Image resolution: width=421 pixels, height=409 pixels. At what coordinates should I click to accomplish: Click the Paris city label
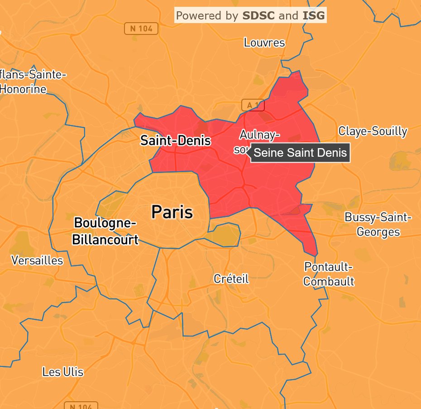172,212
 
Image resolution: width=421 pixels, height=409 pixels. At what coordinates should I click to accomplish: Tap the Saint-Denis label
175,140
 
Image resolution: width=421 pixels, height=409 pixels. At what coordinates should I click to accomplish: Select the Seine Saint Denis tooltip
300,153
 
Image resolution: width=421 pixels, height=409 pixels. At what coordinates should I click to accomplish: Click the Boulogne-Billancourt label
105,231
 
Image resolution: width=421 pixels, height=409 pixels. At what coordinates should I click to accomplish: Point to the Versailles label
37,260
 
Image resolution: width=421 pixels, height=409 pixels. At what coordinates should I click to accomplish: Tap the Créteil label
231,279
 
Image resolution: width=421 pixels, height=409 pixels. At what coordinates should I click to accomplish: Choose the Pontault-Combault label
328,274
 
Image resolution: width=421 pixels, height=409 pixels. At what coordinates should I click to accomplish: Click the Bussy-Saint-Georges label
378,224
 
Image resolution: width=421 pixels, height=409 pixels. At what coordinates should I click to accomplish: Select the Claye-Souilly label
373,131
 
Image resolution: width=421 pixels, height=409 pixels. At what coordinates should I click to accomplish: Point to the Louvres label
264,43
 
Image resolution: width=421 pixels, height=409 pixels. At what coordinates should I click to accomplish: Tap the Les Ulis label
63,372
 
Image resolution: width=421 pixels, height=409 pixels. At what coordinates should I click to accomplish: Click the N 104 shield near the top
141,29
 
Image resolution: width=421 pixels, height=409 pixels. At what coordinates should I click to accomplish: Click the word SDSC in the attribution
258,16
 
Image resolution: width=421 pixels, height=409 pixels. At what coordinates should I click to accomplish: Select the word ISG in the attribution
313,16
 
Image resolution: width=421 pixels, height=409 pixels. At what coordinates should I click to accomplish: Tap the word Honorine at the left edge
23,89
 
